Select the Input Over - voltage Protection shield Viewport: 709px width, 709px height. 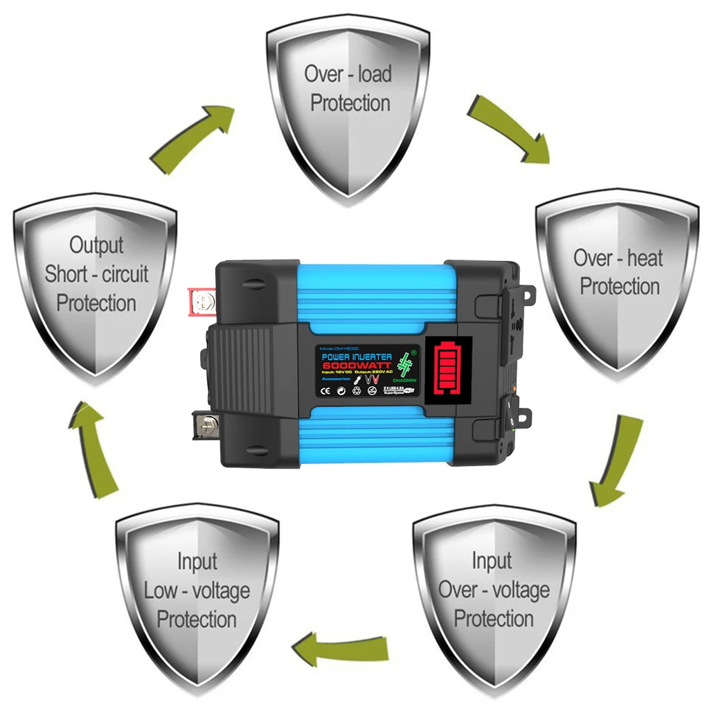click(x=494, y=595)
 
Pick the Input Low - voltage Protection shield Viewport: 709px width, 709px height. click(x=197, y=595)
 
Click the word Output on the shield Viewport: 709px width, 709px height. click(x=96, y=245)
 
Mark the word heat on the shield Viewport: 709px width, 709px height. click(x=645, y=259)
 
